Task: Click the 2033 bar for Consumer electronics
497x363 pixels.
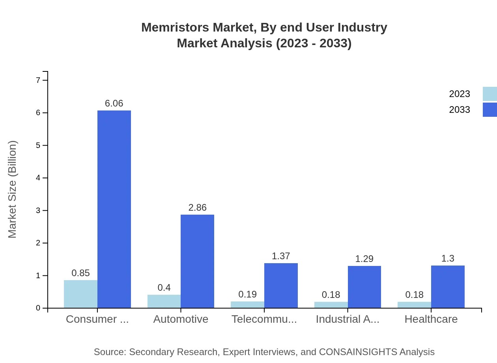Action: [x=114, y=209]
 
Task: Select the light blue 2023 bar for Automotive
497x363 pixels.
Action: [x=164, y=301]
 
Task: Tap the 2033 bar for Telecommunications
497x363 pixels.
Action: [x=281, y=286]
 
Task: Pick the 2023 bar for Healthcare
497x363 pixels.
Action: [x=414, y=305]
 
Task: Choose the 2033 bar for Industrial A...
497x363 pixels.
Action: [x=364, y=287]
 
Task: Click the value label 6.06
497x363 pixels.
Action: [x=114, y=103]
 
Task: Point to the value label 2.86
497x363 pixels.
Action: [x=197, y=208]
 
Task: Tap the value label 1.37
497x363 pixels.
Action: [x=281, y=256]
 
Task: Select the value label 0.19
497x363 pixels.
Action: [x=247, y=294]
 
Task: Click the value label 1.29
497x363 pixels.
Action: [x=364, y=259]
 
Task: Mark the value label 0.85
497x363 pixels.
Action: [x=80, y=273]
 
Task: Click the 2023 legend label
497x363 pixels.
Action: [x=460, y=94]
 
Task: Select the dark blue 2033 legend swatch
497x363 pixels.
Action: [x=490, y=110]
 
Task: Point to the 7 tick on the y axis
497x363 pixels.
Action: [x=38, y=80]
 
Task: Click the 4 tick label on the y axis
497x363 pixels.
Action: [x=38, y=178]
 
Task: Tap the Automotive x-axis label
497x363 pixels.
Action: [x=181, y=319]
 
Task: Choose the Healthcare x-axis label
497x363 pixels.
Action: [x=431, y=319]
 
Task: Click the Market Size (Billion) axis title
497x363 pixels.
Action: [x=13, y=189]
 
